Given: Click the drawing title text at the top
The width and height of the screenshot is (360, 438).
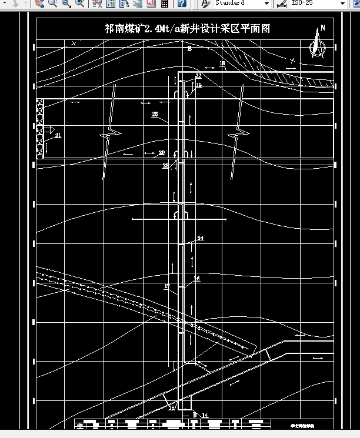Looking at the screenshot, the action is click(x=187, y=28).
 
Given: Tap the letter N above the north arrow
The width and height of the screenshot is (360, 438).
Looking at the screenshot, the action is click(x=322, y=28).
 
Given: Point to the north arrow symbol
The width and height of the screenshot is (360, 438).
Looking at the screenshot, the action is click(x=317, y=46).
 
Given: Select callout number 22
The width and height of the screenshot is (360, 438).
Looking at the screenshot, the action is click(x=198, y=76).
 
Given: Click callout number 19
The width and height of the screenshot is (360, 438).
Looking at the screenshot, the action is click(x=198, y=85).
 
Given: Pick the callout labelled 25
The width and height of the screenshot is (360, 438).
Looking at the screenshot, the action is click(x=155, y=114).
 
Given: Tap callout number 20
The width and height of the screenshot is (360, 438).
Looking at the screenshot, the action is click(x=162, y=152).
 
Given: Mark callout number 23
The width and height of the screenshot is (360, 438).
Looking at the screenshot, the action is click(x=166, y=166).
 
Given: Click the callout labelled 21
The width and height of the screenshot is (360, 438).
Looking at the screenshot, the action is click(x=58, y=135).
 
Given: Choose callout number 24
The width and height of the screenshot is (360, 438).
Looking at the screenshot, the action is click(x=200, y=238).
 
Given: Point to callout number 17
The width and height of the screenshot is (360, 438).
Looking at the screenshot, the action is click(x=167, y=286).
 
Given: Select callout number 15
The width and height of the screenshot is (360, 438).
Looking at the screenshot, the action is click(x=172, y=407).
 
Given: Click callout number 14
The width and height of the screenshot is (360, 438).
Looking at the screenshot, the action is click(x=205, y=415).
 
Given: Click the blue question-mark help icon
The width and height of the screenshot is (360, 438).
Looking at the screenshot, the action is click(x=182, y=4).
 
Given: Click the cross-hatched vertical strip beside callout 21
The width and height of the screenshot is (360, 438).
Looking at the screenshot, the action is click(x=40, y=129).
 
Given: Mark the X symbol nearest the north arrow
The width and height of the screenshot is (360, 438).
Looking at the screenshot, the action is click(x=292, y=60).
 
